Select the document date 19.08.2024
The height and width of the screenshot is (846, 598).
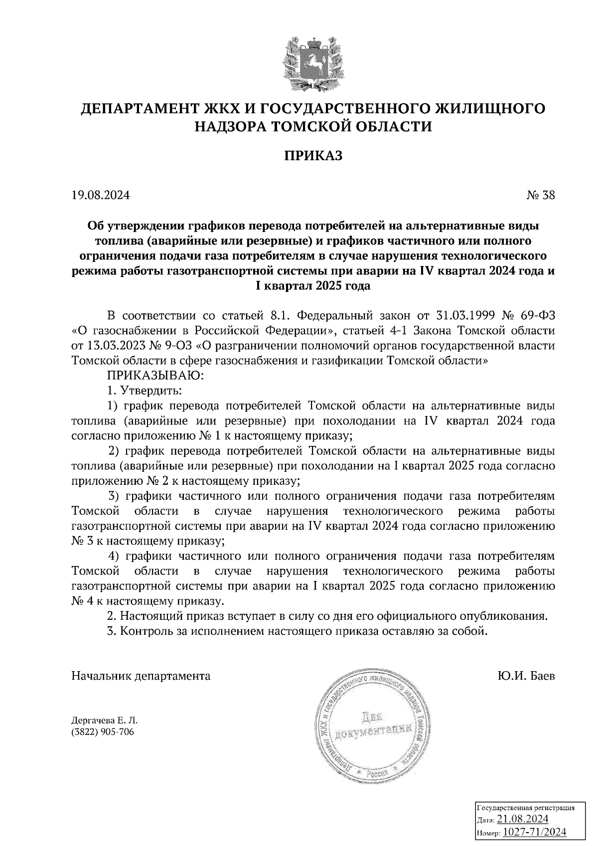coord(101,195)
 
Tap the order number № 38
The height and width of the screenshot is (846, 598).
coord(540,195)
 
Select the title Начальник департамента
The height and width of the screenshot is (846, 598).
coord(141,676)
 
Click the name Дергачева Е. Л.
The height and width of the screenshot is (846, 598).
coord(104,720)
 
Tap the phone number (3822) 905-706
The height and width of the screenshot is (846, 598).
coord(103,732)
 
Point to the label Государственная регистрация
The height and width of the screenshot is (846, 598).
coord(526,808)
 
